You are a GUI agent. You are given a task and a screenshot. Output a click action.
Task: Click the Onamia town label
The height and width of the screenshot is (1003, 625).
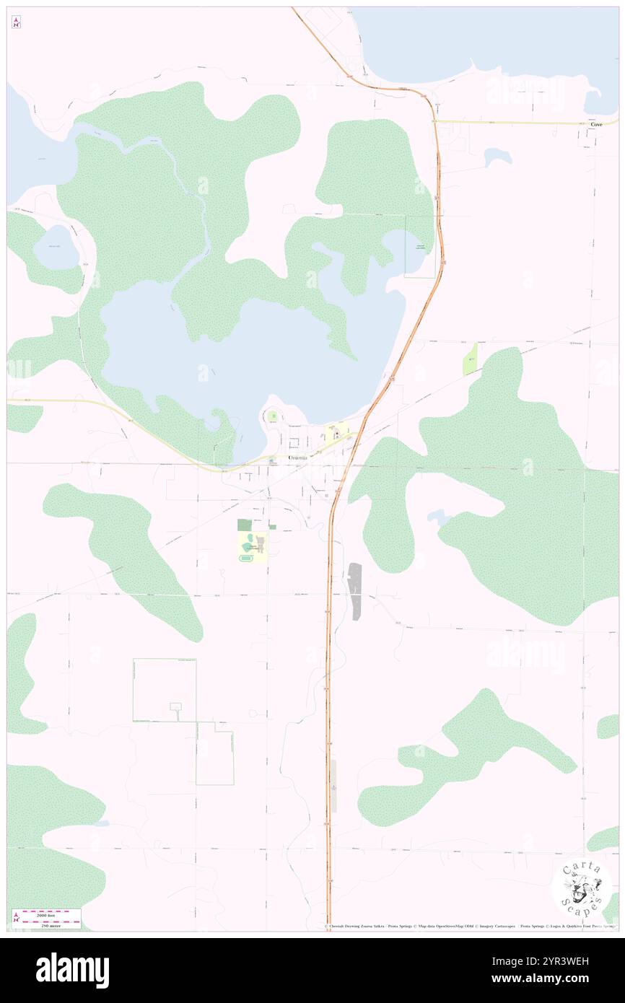tap(297, 457)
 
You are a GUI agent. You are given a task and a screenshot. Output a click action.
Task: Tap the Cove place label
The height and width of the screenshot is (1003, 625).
tap(596, 124)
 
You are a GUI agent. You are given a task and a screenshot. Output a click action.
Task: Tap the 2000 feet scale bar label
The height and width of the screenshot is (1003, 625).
tap(47, 914)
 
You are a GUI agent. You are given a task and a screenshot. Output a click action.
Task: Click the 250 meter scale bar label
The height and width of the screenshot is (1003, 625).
tap(47, 926)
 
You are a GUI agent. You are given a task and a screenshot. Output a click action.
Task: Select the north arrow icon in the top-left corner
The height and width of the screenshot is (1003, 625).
tap(16, 23)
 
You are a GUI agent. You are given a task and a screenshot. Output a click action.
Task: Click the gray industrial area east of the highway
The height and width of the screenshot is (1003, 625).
tap(354, 590)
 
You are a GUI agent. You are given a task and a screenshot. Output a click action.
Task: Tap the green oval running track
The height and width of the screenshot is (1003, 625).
tap(247, 557)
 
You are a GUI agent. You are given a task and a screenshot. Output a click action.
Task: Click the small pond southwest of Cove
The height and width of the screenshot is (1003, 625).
tap(498, 156)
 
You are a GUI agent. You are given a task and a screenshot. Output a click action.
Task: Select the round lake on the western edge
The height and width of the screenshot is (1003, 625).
tap(56, 247)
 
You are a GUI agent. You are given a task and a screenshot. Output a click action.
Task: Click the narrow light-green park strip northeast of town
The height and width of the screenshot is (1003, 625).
tap(470, 359)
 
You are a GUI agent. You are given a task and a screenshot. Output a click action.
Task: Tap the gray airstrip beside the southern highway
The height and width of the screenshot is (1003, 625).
tap(333, 785)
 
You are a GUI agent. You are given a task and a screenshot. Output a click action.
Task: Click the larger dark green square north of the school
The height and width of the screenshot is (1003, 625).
tap(245, 525)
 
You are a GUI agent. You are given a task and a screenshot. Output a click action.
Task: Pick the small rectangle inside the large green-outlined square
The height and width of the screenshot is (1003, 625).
tap(175, 706)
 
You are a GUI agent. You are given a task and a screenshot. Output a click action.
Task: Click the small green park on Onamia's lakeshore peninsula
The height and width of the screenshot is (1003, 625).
tap(273, 416)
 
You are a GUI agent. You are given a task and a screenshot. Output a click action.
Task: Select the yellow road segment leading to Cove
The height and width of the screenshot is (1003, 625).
tap(512, 122)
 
